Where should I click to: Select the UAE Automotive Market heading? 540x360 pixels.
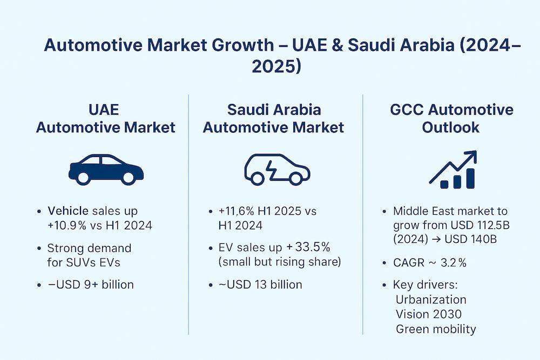(105, 119)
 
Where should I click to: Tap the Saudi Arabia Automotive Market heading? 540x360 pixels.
(273, 119)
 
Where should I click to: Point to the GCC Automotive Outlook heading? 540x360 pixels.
(451, 119)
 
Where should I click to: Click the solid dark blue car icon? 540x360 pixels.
(106, 169)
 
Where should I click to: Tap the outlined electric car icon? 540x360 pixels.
(277, 169)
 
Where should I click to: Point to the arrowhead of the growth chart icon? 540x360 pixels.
(471, 156)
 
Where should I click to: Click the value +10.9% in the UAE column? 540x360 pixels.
(69, 225)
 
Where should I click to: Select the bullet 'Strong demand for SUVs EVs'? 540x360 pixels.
(89, 255)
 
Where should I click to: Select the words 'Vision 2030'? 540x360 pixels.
(429, 314)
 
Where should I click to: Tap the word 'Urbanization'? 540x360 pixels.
(431, 300)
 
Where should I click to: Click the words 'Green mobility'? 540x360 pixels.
(436, 329)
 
